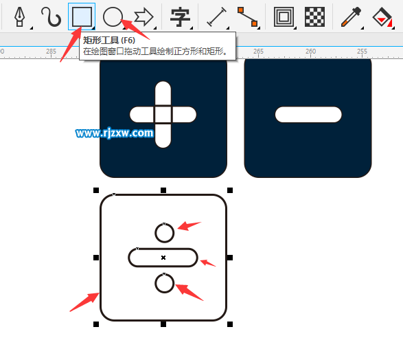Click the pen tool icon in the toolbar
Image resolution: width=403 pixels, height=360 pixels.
pyautogui.click(x=19, y=16)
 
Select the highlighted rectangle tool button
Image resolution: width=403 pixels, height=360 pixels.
pyautogui.click(x=82, y=16)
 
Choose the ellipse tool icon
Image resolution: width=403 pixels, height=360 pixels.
pyautogui.click(x=113, y=16)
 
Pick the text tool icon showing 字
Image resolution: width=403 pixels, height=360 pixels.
pyautogui.click(x=180, y=17)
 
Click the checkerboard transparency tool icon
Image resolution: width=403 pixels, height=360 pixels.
pyautogui.click(x=314, y=17)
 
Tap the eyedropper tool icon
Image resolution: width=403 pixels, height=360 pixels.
pyautogui.click(x=351, y=17)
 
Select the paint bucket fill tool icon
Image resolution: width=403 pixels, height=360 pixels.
pyautogui.click(x=382, y=17)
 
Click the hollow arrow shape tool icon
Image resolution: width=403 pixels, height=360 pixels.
pyautogui.click(x=144, y=17)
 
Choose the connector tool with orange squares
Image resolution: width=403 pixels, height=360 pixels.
pyautogui.click(x=247, y=17)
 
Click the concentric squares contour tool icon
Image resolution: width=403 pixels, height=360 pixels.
pyautogui.click(x=284, y=17)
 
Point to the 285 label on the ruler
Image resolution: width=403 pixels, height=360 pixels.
pyautogui.click(x=51, y=51)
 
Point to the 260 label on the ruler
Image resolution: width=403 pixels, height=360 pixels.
pyautogui.click(x=311, y=51)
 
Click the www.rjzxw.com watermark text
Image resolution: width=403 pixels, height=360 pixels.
pyautogui.click(x=115, y=133)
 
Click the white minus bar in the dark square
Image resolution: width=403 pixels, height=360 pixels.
pyautogui.click(x=308, y=115)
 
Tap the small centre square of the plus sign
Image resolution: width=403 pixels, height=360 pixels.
pyautogui.click(x=163, y=115)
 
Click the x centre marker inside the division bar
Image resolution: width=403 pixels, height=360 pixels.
pyautogui.click(x=163, y=258)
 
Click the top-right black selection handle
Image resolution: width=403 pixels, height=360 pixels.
pyautogui.click(x=230, y=190)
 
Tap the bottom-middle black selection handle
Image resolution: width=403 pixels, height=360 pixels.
pyautogui.click(x=163, y=324)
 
